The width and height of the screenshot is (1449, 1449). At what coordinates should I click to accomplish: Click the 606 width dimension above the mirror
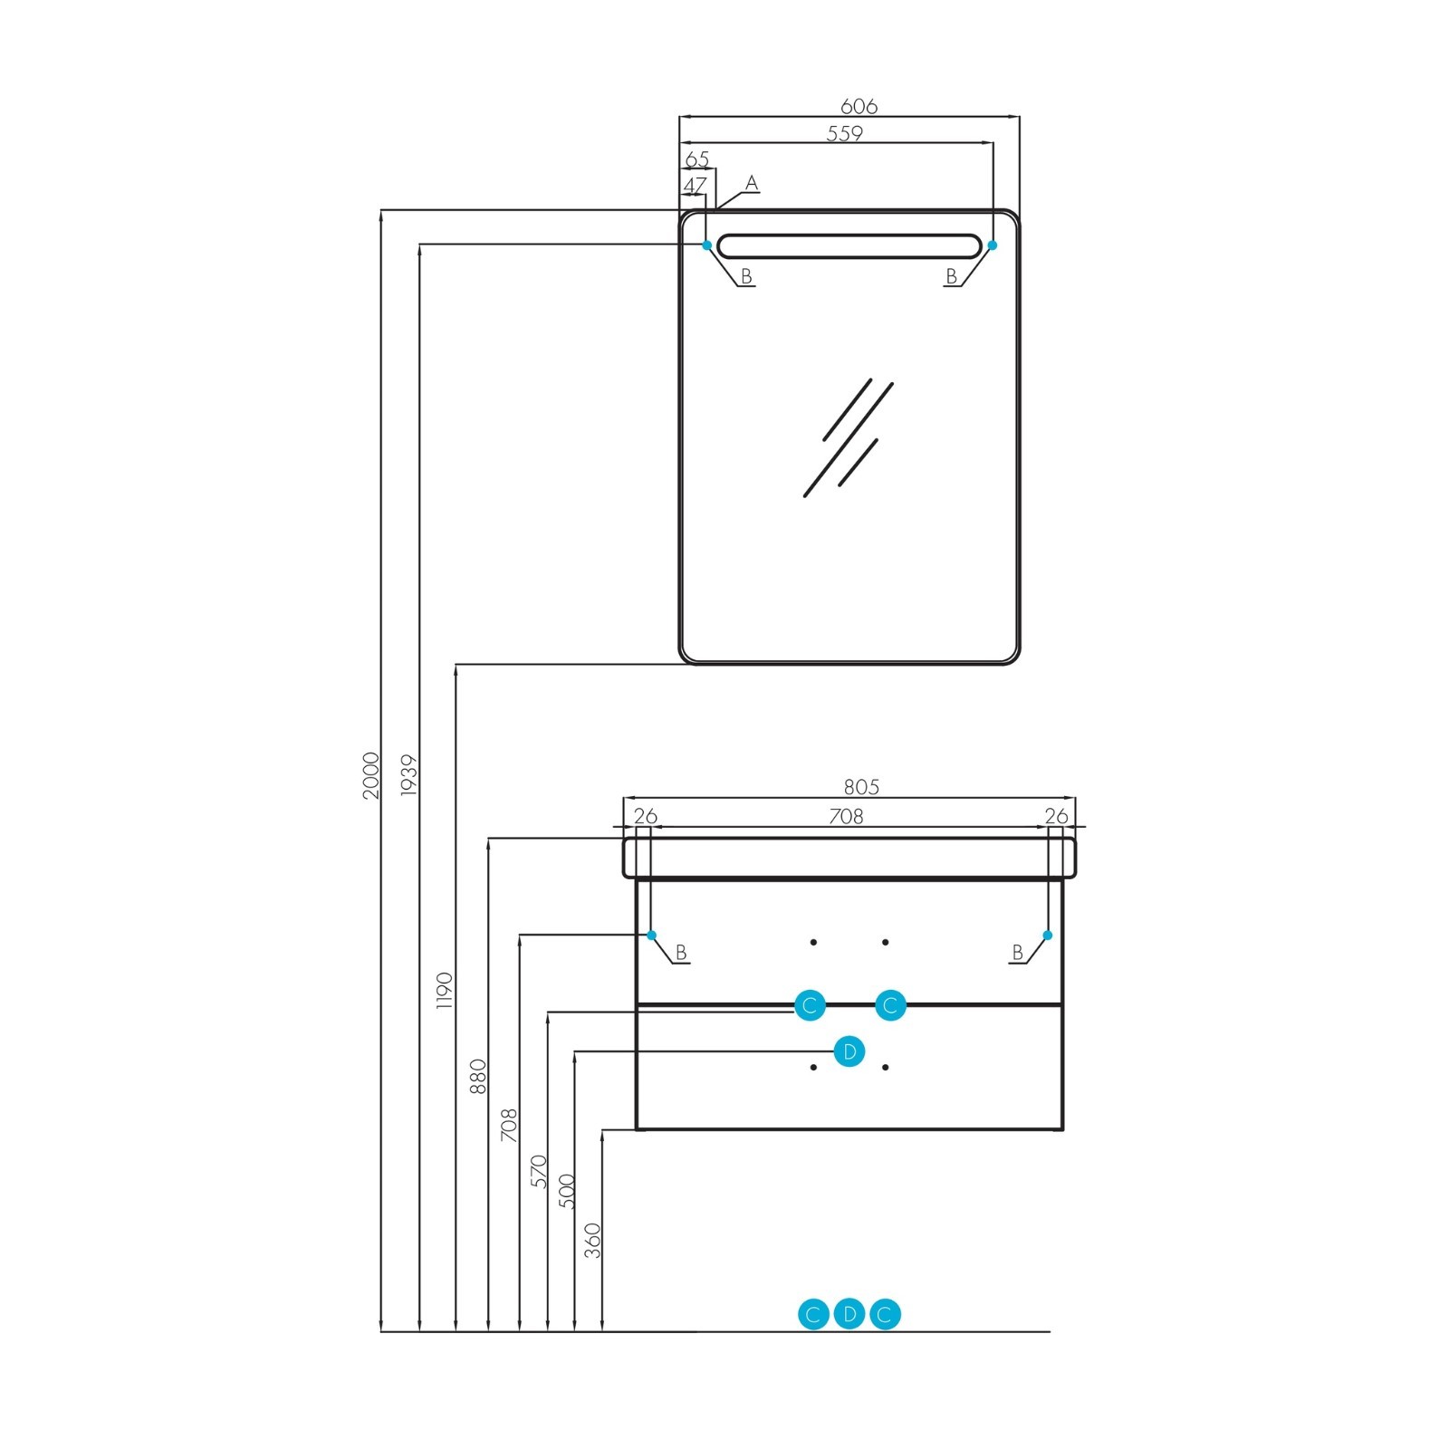859,106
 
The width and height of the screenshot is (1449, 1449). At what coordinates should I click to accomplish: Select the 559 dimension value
845,133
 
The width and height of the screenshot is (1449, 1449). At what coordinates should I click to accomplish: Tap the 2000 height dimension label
371,775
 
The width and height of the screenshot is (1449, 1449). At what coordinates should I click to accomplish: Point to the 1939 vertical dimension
408,775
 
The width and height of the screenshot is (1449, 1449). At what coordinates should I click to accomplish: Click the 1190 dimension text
444,992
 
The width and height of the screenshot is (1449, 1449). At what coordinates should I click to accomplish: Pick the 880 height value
478,1077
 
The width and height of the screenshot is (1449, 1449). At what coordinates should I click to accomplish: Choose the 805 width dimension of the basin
860,788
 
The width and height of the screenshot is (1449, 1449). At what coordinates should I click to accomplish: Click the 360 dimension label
592,1241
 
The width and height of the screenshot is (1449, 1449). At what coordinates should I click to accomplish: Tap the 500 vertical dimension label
566,1191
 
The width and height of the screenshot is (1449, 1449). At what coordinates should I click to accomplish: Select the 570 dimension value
539,1171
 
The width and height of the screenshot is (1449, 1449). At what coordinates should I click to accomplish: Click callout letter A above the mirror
751,184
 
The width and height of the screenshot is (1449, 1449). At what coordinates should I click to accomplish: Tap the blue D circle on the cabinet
849,1051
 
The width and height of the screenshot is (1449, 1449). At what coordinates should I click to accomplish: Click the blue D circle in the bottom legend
849,1314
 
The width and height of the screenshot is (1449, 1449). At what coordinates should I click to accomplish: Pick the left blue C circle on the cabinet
810,1005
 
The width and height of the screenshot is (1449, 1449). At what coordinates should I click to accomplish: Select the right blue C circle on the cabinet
890,1005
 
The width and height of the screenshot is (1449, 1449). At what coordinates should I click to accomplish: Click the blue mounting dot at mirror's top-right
993,245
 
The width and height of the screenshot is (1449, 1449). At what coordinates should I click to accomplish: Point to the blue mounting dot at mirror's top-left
707,245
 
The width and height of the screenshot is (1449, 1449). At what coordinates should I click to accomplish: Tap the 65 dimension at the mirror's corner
697,160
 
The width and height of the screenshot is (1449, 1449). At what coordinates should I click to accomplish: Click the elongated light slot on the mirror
849,245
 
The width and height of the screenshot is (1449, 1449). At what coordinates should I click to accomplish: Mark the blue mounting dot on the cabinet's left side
651,936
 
